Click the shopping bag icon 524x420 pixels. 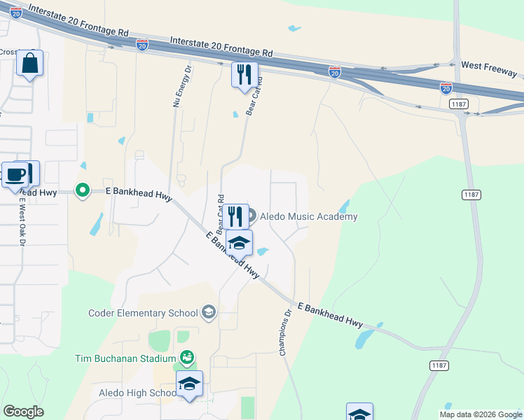[29, 63]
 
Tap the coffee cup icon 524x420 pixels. [15, 174]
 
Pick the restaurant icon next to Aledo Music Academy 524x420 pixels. [235, 216]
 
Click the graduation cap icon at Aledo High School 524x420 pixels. [189, 384]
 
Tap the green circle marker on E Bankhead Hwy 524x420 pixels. [83, 190]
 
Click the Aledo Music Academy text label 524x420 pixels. [308, 217]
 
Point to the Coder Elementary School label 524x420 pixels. [144, 312]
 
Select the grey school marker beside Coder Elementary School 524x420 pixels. [208, 312]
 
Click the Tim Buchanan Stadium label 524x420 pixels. [125, 358]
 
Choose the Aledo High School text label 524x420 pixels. [137, 393]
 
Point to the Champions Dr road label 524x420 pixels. [286, 333]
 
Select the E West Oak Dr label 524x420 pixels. [22, 220]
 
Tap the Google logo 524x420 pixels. [23, 412]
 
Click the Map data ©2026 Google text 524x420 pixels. [480, 414]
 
